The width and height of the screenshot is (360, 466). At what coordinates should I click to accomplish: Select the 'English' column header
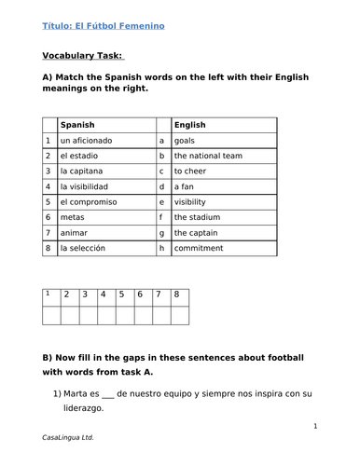click(190, 124)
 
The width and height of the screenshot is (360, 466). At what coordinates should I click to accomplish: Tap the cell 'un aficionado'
click(86, 140)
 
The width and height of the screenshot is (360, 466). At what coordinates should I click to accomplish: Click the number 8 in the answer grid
click(176, 295)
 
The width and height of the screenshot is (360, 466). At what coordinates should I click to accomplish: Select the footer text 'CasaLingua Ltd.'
click(68, 437)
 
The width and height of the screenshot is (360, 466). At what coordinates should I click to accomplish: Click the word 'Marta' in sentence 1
click(76, 391)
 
